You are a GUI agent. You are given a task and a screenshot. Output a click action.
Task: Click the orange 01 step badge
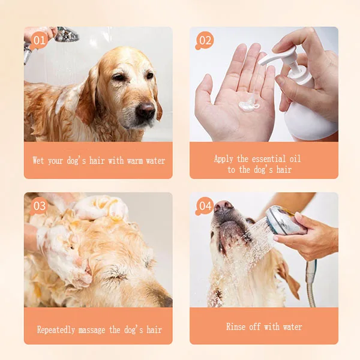[39, 41]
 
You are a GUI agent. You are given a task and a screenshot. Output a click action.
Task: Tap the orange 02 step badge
[205, 40]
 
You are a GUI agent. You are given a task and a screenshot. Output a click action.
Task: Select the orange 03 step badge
[39, 206]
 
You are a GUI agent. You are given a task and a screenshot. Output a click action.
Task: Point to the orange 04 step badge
[205, 206]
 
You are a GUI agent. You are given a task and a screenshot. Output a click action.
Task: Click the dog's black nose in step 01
[145, 110]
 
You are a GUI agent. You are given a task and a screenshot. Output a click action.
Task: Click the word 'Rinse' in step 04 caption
[237, 327]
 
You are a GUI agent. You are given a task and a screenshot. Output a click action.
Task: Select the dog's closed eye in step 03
[114, 273]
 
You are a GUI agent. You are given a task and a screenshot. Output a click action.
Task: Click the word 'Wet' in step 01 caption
[38, 161]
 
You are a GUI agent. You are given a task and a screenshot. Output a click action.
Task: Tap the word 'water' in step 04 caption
[291, 327]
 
